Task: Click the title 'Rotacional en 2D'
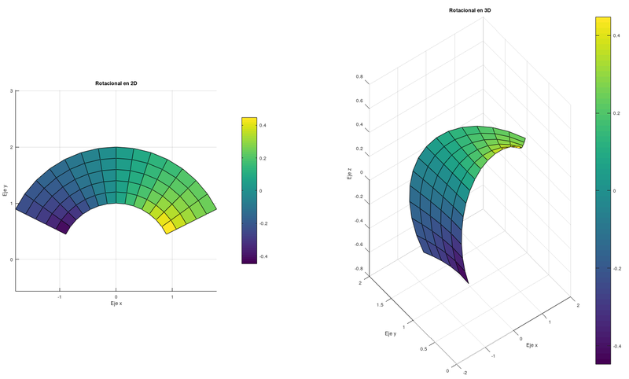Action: (116, 83)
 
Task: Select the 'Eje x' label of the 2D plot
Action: (116, 304)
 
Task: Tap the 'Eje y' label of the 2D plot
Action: (6, 190)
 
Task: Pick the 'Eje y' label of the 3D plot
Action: (390, 333)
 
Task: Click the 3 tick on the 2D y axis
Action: (11, 91)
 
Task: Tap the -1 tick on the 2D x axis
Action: (60, 296)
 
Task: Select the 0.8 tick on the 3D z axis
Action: (359, 77)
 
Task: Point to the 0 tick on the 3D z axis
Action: (361, 173)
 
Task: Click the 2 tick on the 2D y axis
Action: (11, 147)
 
